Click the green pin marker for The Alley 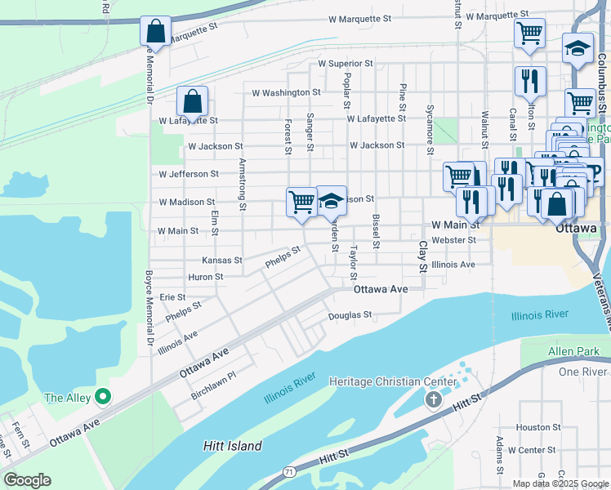click(102, 398)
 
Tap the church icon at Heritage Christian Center click(434, 399)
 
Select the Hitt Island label click(232, 446)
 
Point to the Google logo click(27, 480)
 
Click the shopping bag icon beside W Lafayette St click(192, 102)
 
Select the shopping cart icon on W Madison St click(301, 201)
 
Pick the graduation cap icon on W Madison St click(331, 201)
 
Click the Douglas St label click(350, 314)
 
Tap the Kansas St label click(222, 261)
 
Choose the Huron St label click(205, 277)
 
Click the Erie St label click(172, 297)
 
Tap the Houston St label click(538, 427)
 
